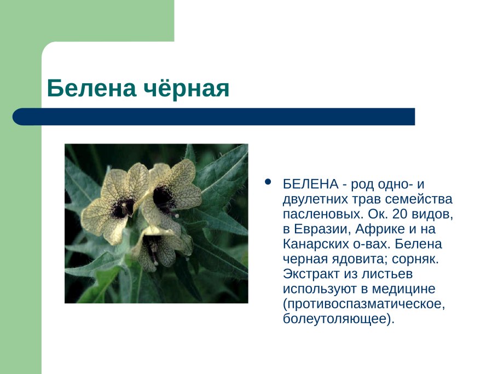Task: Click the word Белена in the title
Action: (90, 89)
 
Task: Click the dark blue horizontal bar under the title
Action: (213, 117)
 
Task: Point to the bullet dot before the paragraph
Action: (267, 182)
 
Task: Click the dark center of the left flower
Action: (123, 207)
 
